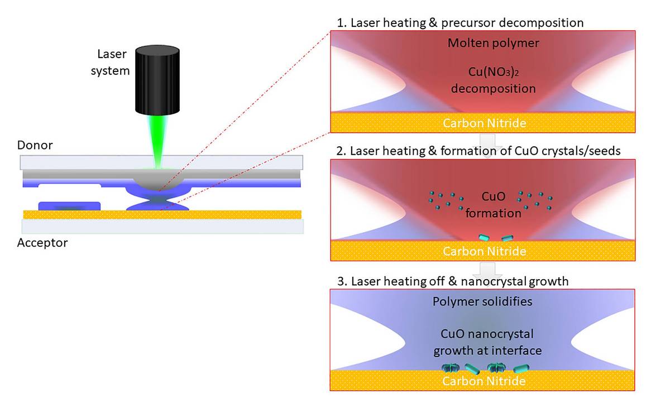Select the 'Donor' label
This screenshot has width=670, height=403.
34,146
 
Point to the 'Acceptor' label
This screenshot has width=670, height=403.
42,243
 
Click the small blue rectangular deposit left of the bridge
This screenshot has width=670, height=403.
69,205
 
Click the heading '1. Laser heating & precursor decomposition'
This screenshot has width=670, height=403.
460,23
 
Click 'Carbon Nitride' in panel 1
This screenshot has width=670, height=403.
484,123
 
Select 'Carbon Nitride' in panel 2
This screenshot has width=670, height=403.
484,251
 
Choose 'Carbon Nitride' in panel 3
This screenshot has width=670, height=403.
484,381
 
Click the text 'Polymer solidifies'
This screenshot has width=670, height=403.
482,301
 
